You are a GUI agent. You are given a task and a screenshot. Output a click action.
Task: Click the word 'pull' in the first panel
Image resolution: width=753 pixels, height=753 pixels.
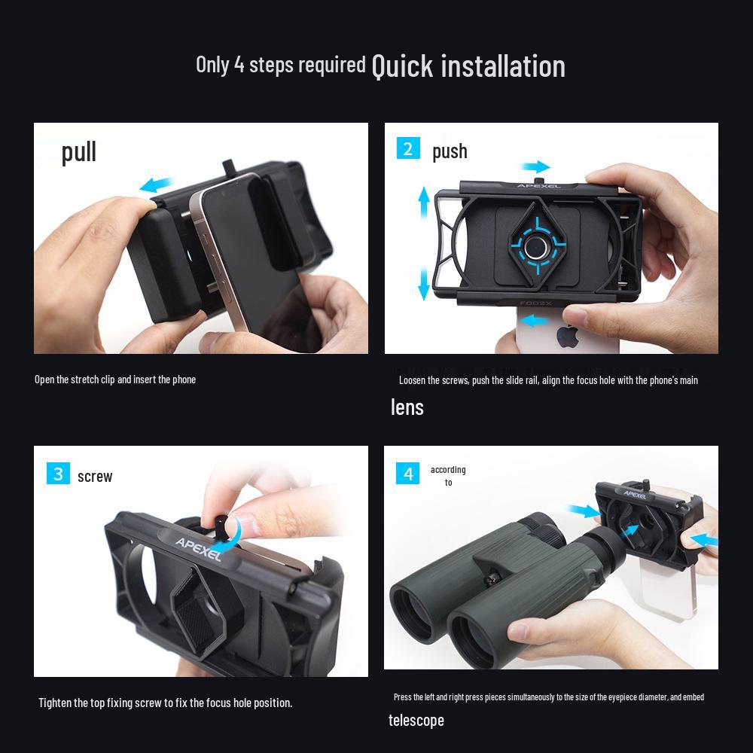coord(79,151)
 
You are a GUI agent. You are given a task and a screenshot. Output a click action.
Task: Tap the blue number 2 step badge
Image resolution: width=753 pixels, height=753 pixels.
coord(407,148)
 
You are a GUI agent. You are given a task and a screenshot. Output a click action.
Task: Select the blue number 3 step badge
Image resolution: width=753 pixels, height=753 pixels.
coord(57,474)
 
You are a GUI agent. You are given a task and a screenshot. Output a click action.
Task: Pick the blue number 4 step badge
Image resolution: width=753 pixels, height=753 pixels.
coord(407,473)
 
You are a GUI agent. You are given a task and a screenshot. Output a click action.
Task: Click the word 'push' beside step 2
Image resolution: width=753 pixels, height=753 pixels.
coord(450,151)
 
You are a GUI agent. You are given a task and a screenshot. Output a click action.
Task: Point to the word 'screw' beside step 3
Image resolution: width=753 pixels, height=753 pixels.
coord(95,477)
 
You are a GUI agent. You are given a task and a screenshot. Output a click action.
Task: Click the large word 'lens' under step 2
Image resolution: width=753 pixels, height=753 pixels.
coord(407,407)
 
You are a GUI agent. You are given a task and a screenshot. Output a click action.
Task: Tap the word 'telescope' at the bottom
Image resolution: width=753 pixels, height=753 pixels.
coord(416,721)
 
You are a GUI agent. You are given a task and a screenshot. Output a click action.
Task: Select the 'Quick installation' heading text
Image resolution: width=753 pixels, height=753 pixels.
coord(468,66)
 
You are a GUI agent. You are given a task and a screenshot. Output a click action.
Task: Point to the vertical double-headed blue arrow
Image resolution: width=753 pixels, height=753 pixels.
coord(424,243)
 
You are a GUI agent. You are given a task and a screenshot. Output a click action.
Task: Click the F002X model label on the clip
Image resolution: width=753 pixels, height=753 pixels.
coord(536,304)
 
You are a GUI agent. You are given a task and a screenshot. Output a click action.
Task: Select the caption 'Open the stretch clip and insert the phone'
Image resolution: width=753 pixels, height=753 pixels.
coord(115,380)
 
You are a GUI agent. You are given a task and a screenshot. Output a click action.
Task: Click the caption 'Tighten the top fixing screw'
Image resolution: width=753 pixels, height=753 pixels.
coord(165,703)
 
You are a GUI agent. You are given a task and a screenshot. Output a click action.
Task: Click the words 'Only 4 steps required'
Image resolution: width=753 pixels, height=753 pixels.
coord(280,65)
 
